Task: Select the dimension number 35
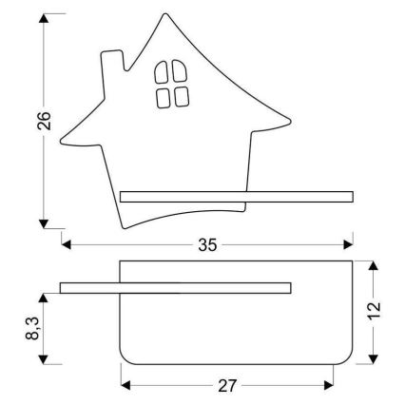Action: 207,244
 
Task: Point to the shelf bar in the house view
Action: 236,197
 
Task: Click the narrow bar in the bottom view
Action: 176,286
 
